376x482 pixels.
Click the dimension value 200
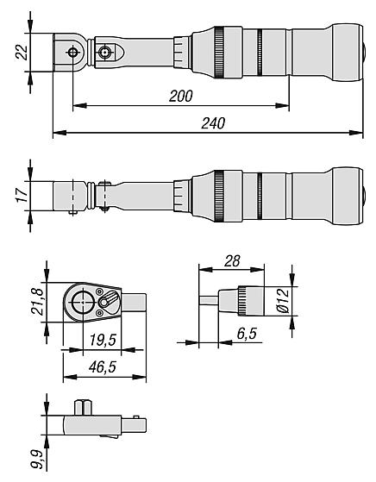pos(181,97)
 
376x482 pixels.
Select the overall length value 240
pos(213,123)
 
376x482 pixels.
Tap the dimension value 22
pos(22,53)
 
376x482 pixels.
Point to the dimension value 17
pos(22,195)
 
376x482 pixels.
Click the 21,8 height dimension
pos(38,302)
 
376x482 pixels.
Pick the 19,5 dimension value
pos(103,340)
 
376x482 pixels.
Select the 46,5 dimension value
pos(103,366)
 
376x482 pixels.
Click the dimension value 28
pos(232,261)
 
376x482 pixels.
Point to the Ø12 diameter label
pos(283,300)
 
